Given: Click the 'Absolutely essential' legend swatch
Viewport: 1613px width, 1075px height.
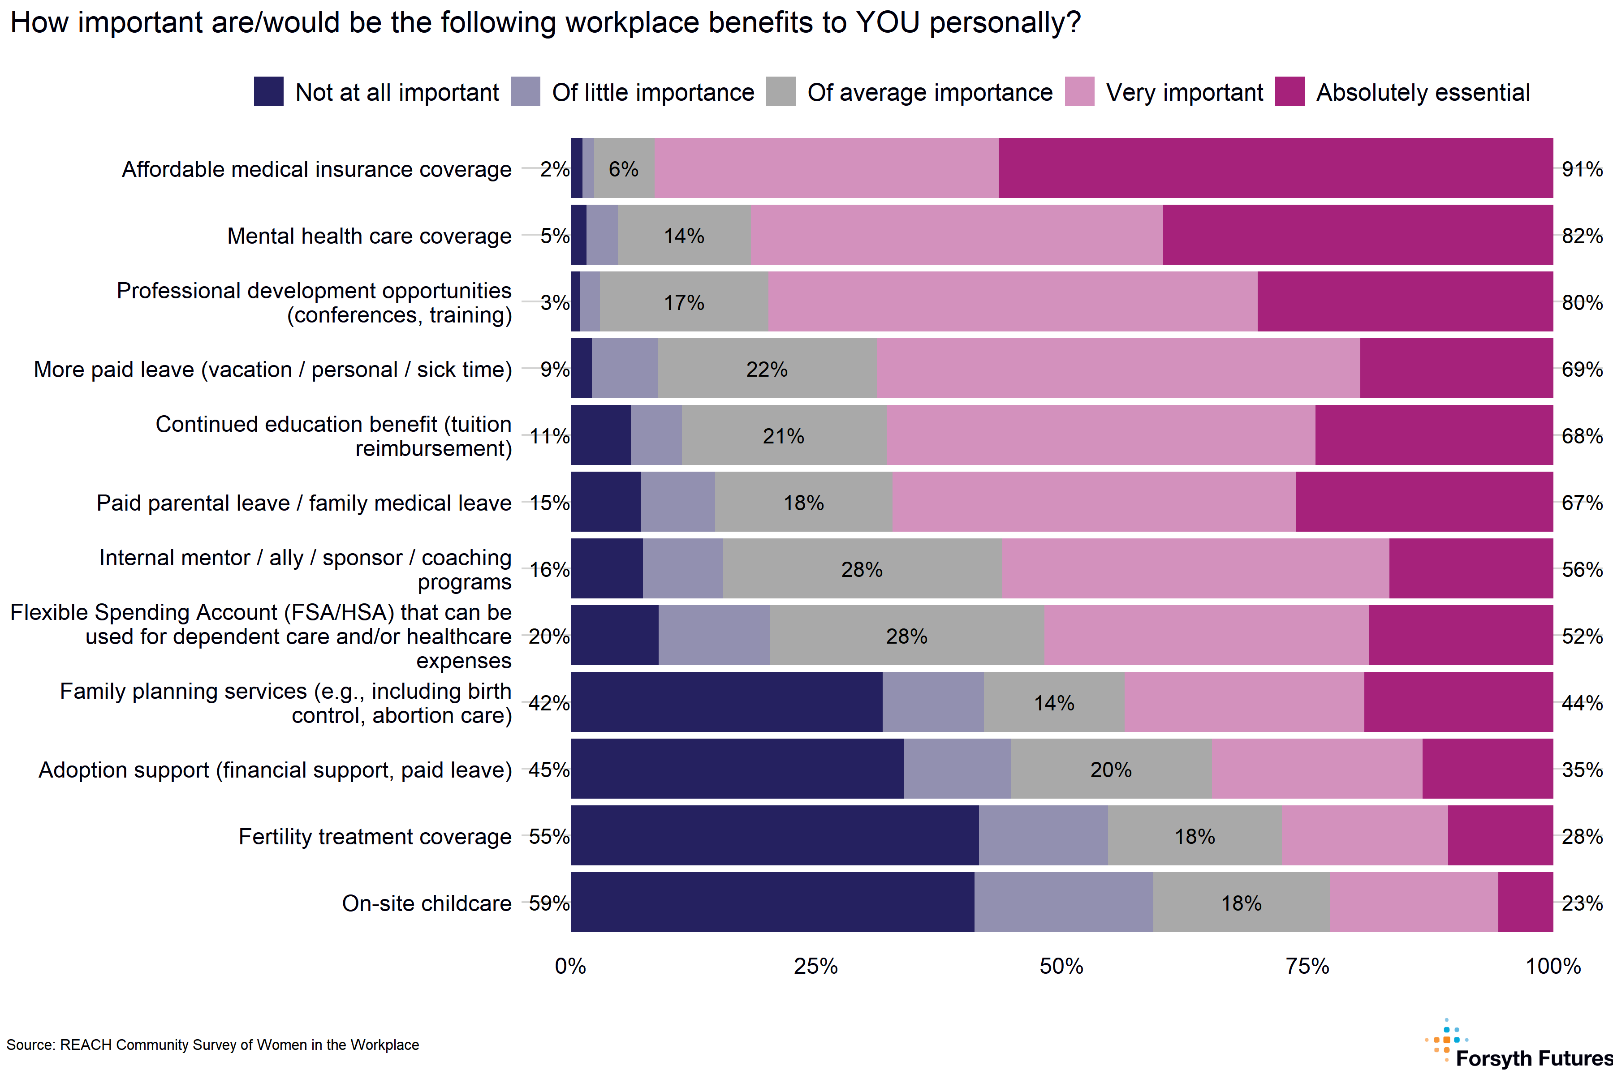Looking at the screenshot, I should pyautogui.click(x=1290, y=92).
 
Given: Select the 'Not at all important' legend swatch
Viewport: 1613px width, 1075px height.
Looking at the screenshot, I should pyautogui.click(x=268, y=92).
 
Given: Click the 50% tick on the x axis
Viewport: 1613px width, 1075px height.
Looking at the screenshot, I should pyautogui.click(x=1061, y=966).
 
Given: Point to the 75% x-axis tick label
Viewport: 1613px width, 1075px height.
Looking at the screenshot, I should pyautogui.click(x=1307, y=966).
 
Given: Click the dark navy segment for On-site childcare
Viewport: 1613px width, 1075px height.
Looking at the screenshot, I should pyautogui.click(x=772, y=902).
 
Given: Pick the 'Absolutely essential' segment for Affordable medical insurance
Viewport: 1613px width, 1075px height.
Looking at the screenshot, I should pyautogui.click(x=1276, y=168).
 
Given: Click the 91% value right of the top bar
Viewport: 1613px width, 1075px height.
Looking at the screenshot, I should pyautogui.click(x=1582, y=169).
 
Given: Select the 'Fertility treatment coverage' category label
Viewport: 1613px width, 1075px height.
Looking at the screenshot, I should pyautogui.click(x=375, y=836).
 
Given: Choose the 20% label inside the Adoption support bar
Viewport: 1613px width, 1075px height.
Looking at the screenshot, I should pyautogui.click(x=1111, y=769).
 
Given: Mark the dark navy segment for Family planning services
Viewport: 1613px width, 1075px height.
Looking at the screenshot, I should pyautogui.click(x=726, y=702).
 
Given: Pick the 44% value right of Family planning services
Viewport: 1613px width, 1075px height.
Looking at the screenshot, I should pyautogui.click(x=1582, y=703).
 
